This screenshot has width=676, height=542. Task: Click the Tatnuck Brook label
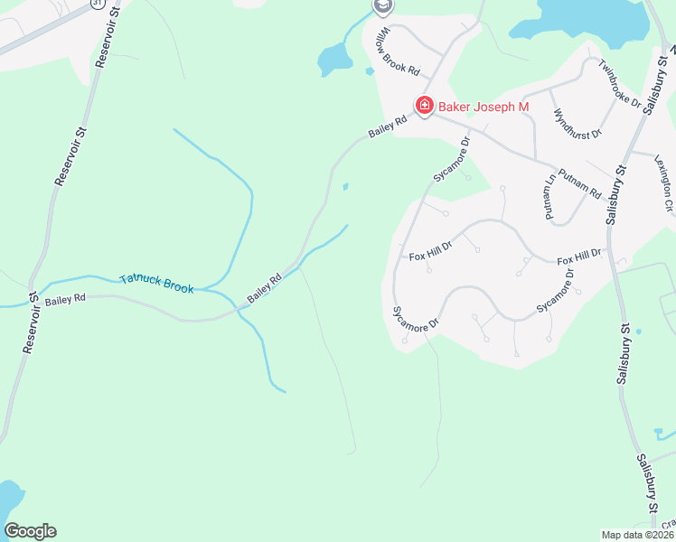156,284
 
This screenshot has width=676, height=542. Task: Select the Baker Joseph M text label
484,107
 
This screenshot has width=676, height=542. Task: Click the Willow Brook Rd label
399,51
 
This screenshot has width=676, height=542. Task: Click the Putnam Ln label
549,205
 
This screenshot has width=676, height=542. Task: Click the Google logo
30,531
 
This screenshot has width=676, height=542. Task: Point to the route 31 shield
96,4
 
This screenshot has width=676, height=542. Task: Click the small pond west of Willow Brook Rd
333,61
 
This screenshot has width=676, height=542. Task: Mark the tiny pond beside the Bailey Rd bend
345,187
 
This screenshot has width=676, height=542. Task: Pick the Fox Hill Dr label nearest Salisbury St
578,257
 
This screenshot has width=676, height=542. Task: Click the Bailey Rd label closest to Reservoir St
64,297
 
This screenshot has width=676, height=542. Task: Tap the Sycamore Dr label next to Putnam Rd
453,159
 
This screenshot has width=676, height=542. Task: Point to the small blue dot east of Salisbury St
638,332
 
